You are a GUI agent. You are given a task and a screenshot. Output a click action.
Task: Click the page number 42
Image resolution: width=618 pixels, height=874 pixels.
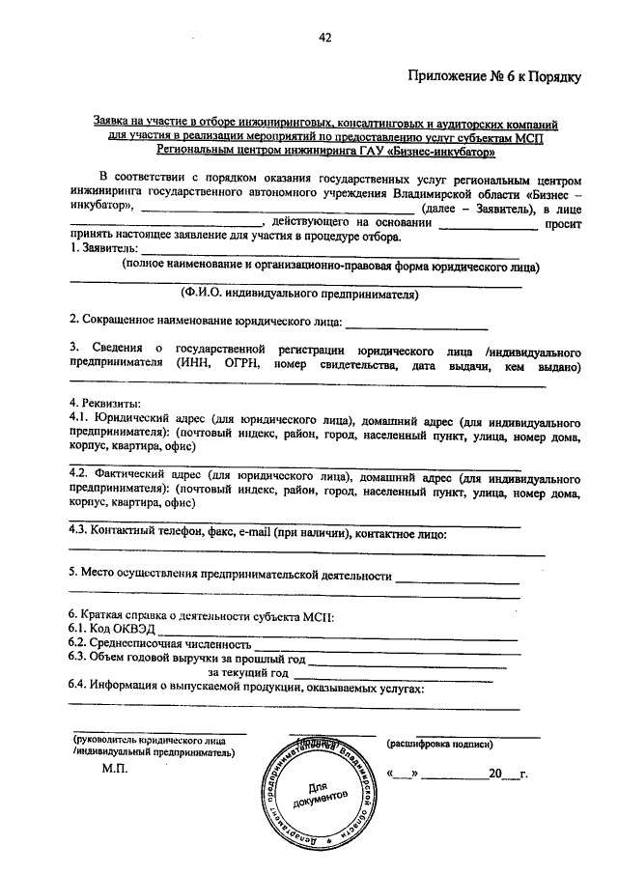coord(324,38)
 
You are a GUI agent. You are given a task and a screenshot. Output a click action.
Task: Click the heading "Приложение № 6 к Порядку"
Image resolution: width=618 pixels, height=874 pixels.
coord(494,77)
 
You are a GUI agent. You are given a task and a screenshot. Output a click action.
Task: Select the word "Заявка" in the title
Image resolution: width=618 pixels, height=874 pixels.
coord(112,124)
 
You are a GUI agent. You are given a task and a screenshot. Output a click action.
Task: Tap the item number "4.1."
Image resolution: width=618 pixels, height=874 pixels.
coord(79,420)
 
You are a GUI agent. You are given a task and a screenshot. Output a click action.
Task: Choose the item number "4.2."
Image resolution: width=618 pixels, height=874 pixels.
coord(79,476)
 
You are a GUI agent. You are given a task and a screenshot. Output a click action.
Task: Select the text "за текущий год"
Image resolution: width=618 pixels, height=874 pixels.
coord(249,673)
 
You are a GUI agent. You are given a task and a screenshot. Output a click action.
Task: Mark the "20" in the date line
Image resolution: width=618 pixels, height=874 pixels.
coord(494,775)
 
